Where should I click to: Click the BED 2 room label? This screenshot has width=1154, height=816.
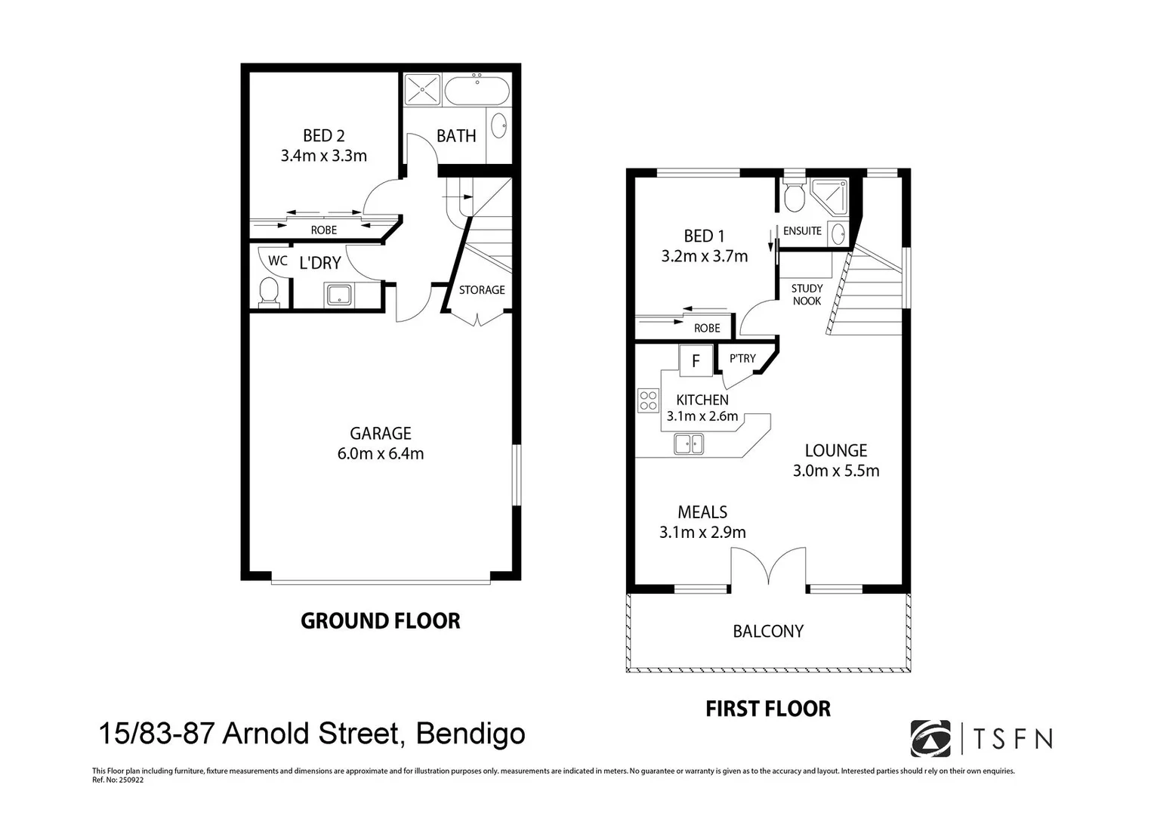[323, 136]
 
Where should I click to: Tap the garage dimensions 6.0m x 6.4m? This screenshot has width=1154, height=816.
[380, 454]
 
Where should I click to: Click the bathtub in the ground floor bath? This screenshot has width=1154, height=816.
[477, 92]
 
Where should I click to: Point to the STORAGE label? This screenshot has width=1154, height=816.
[482, 290]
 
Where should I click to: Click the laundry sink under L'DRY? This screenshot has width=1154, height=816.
[339, 295]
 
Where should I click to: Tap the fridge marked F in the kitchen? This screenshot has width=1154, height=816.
[696, 360]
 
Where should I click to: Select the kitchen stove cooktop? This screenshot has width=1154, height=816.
[648, 400]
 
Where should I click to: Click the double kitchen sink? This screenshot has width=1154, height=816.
[688, 444]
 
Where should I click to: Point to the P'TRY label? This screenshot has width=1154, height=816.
[742, 359]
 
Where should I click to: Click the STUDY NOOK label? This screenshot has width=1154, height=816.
[807, 295]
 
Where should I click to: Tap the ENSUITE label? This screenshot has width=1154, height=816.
[802, 231]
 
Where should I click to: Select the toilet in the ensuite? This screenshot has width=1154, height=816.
[794, 197]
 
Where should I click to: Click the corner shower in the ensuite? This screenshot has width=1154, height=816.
[828, 196]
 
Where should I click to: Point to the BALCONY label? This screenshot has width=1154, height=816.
[768, 632]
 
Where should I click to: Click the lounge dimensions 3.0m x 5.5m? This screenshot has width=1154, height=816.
[835, 471]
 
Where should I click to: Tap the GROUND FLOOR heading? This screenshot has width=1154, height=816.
[380, 621]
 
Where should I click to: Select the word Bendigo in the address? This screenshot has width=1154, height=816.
[471, 734]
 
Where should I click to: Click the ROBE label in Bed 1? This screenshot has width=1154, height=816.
[707, 328]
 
